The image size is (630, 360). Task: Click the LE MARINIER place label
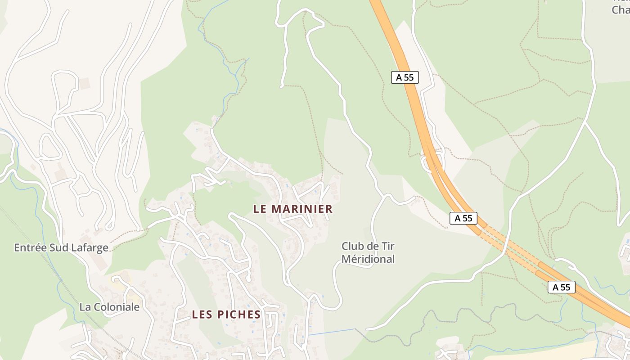(x=293, y=209)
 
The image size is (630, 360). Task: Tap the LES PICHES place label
(x=226, y=315)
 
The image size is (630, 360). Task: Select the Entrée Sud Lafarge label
(x=61, y=247)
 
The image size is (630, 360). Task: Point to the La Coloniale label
(x=109, y=307)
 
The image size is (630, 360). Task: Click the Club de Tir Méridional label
(x=368, y=252)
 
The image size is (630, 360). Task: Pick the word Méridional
(x=368, y=259)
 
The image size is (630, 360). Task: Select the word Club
(x=351, y=246)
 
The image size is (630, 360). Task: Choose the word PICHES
(x=238, y=315)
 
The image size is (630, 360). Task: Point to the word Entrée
(x=31, y=247)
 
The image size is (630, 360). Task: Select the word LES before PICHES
(x=201, y=315)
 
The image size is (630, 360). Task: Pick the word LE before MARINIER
(x=260, y=209)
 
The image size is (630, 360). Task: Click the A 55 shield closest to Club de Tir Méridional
(x=463, y=218)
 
